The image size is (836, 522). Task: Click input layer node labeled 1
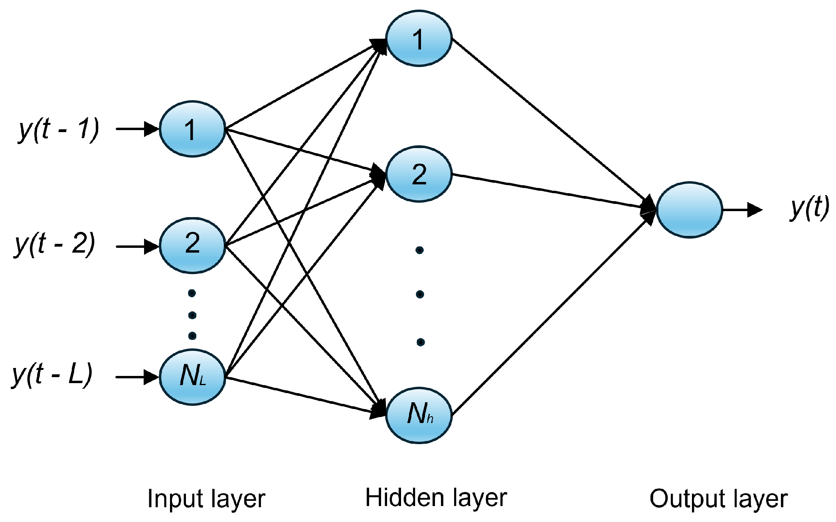pyautogui.click(x=192, y=129)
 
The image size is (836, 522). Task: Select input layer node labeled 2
pyautogui.click(x=192, y=245)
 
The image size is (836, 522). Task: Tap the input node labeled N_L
pyautogui.click(x=192, y=376)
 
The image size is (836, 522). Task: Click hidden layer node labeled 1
pyautogui.click(x=419, y=39)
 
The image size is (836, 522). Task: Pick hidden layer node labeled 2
pyautogui.click(x=419, y=174)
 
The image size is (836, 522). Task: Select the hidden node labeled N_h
pyautogui.click(x=419, y=415)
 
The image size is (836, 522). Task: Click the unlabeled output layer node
pyautogui.click(x=689, y=210)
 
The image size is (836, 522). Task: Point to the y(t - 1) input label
pyautogui.click(x=58, y=129)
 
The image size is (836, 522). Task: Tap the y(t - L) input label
pyautogui.click(x=52, y=374)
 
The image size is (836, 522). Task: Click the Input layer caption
pyautogui.click(x=206, y=499)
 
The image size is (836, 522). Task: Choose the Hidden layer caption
pyautogui.click(x=436, y=498)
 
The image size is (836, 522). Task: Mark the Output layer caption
pyautogui.click(x=718, y=499)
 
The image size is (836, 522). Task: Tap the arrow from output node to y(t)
pyautogui.click(x=742, y=210)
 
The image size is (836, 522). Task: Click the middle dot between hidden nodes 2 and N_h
pyautogui.click(x=419, y=294)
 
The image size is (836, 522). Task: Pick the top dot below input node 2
pyautogui.click(x=192, y=293)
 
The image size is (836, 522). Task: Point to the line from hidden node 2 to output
pyautogui.click(x=551, y=191)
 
